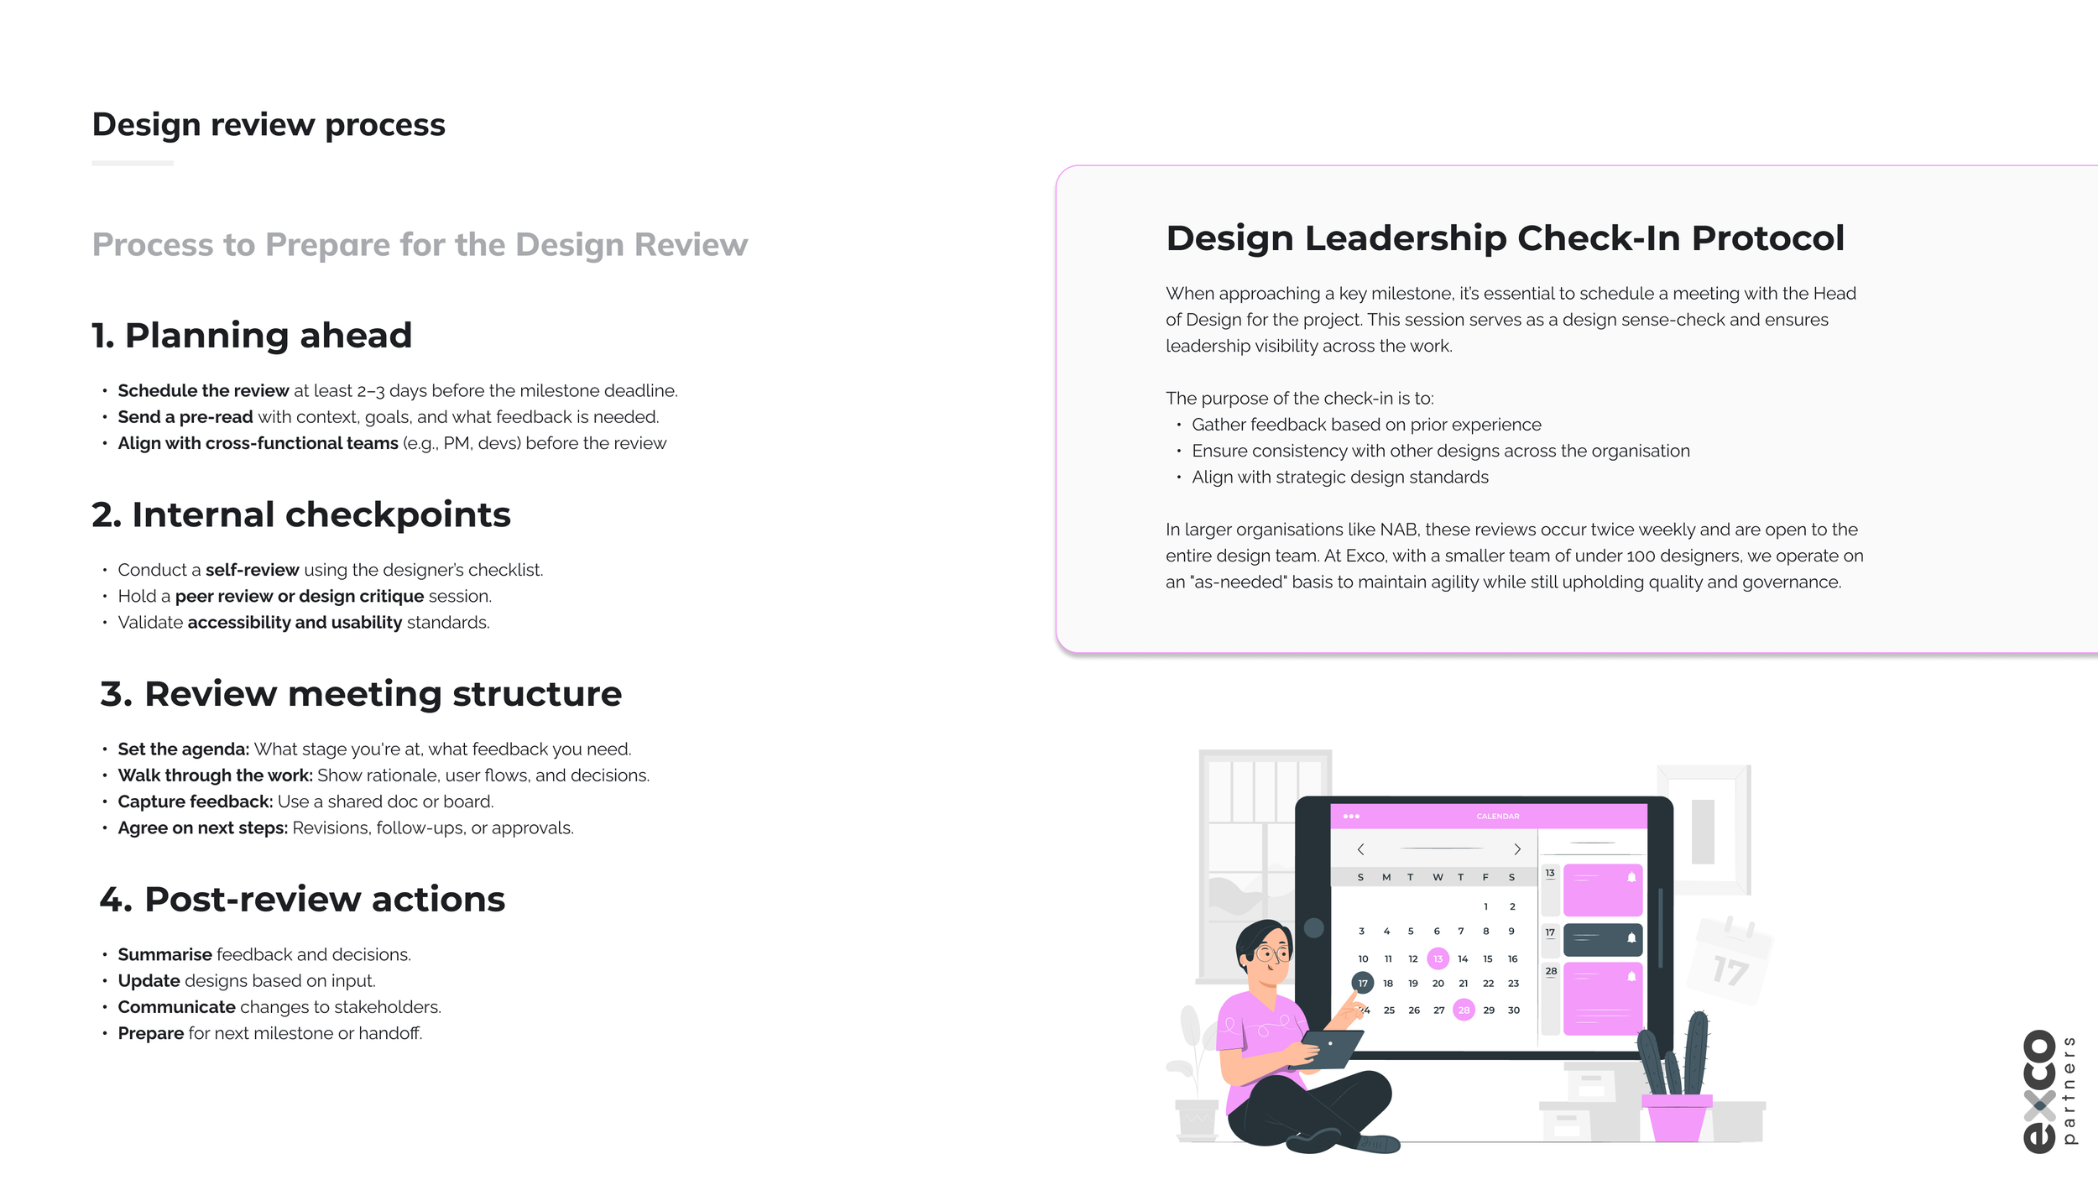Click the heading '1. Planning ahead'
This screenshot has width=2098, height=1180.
[x=252, y=336]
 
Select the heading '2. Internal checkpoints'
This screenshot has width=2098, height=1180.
[x=300, y=514]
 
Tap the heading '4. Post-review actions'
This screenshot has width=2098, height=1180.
[x=302, y=899]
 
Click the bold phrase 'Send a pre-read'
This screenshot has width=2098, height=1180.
[x=185, y=417]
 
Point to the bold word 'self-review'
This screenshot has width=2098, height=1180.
[x=252, y=570]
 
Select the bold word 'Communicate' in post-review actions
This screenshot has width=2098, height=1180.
[x=176, y=1007]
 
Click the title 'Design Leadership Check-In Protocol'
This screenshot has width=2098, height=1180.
[x=1505, y=238]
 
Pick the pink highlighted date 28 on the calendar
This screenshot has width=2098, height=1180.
[x=1464, y=1010]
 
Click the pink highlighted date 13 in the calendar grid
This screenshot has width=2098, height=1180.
[x=1438, y=958]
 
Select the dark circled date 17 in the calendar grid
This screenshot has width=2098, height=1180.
[x=1363, y=983]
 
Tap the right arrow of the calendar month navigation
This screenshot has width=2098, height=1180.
[x=1517, y=849]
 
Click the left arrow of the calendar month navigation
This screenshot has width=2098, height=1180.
[x=1360, y=849]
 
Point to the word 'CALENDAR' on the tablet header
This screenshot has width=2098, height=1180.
[x=1497, y=816]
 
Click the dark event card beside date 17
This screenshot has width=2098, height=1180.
[x=1602, y=939]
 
